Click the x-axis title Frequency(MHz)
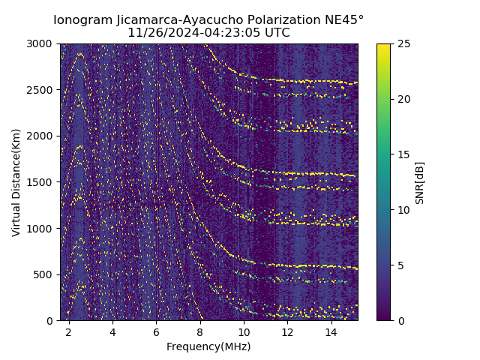point(208,346)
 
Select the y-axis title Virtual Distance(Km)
point(16,182)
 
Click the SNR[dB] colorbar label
point(420,182)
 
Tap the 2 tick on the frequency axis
point(69,331)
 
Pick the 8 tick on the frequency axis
point(200,331)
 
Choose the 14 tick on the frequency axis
point(331,331)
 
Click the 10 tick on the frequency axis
point(244,331)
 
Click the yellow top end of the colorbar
point(383,46)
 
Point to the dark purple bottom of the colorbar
point(383,318)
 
